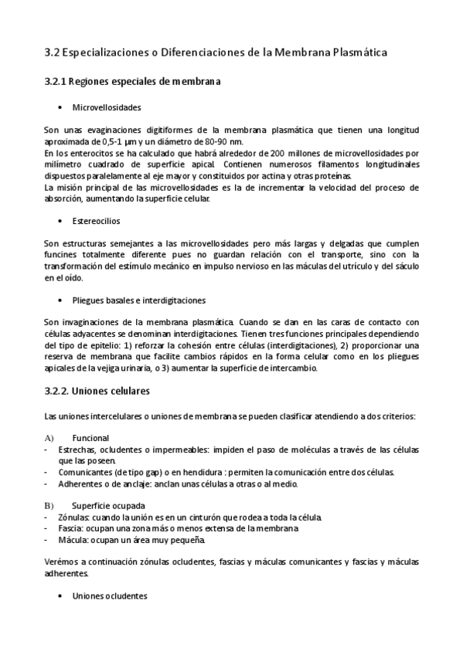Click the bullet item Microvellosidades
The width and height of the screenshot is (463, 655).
(x=107, y=107)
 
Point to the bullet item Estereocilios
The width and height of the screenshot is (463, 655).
(x=96, y=221)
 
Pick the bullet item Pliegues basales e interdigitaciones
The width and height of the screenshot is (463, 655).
(x=138, y=300)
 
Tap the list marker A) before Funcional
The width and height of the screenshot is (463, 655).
(x=49, y=438)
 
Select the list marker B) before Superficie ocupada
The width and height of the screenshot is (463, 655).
(x=49, y=506)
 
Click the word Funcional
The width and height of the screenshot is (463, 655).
(x=90, y=438)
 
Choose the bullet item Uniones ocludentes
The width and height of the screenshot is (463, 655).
(x=109, y=597)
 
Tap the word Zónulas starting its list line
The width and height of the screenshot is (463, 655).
(x=75, y=517)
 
